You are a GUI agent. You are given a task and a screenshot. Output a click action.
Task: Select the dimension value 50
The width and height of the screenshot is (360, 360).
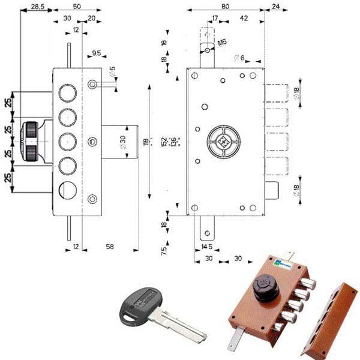click(x=77, y=6)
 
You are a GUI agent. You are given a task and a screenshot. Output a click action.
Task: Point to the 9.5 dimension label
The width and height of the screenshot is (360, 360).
click(x=96, y=53)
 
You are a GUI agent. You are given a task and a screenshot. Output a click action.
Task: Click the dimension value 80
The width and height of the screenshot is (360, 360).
click(x=224, y=6)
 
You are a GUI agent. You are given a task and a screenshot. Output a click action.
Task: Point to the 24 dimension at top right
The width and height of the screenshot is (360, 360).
click(x=275, y=6)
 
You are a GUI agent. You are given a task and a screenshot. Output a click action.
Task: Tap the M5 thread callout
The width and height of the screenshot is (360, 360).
click(x=223, y=42)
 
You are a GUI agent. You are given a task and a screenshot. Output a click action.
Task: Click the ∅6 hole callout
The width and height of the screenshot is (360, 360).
click(x=238, y=58)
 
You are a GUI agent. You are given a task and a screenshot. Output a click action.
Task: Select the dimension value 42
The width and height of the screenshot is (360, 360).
click(x=244, y=19)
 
